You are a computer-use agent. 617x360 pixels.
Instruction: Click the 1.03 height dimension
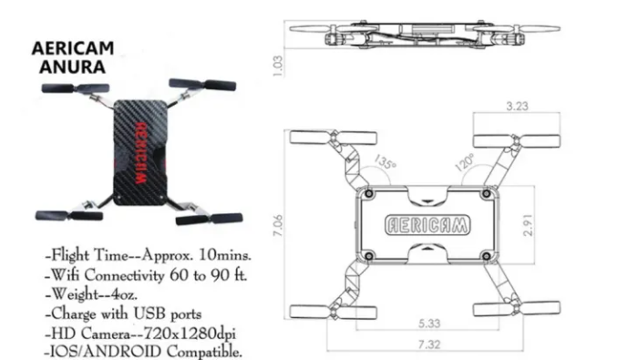click(x=278, y=66)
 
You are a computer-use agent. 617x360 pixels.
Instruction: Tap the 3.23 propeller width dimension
click(x=517, y=106)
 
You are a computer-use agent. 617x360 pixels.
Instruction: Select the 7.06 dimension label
click(x=278, y=225)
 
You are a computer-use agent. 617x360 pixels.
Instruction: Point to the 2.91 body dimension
click(x=528, y=224)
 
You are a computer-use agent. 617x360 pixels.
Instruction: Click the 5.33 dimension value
click(x=429, y=324)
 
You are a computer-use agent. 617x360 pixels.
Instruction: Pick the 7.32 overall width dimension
click(x=429, y=345)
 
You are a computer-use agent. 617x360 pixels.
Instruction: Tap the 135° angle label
click(x=385, y=161)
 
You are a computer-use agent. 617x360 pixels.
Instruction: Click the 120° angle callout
click(x=465, y=162)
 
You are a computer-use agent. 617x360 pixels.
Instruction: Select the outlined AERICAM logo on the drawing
click(x=427, y=225)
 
